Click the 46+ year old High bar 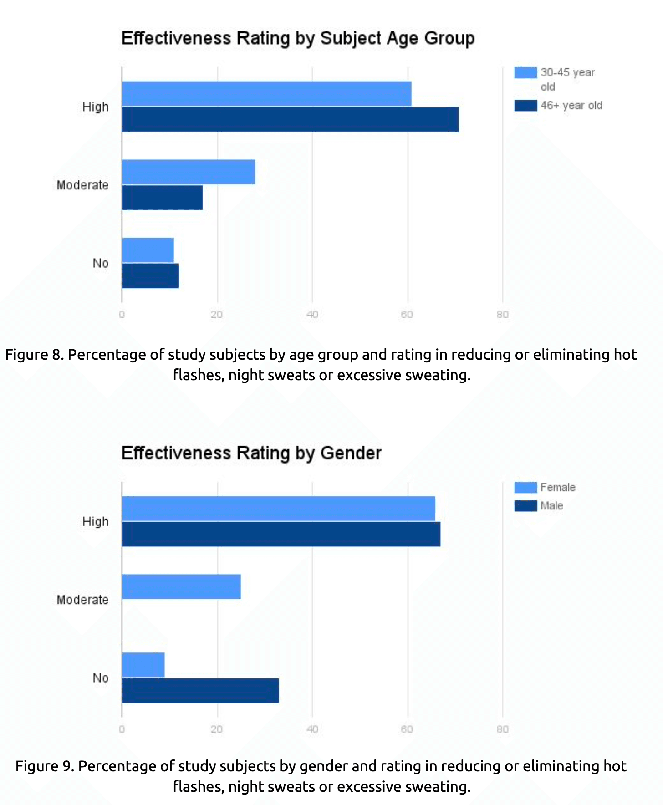(x=290, y=120)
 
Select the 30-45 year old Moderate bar (x=188, y=172)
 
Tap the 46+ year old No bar (x=150, y=276)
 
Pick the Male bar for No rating (x=200, y=690)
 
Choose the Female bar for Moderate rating (x=181, y=586)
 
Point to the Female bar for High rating (x=278, y=509)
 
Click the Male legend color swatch (x=525, y=506)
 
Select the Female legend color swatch (x=525, y=488)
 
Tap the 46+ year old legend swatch (x=525, y=106)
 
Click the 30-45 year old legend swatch (x=525, y=73)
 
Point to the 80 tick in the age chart (x=502, y=315)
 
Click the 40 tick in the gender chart (x=312, y=729)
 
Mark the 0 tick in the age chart (x=122, y=315)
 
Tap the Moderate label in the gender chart (x=82, y=600)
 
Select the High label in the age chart (x=95, y=107)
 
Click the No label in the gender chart (x=100, y=678)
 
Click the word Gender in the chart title (x=351, y=453)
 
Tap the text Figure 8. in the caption (x=34, y=355)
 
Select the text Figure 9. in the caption (x=45, y=766)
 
